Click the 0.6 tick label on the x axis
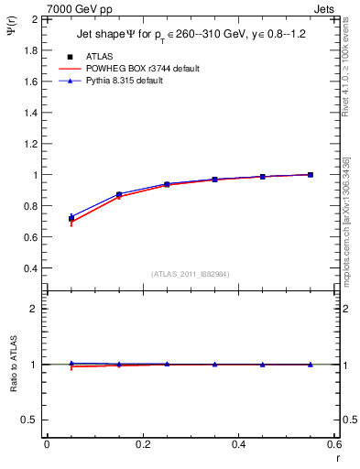[333, 444]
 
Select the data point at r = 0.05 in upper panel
[71, 218]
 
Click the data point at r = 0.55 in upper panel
[311, 174]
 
